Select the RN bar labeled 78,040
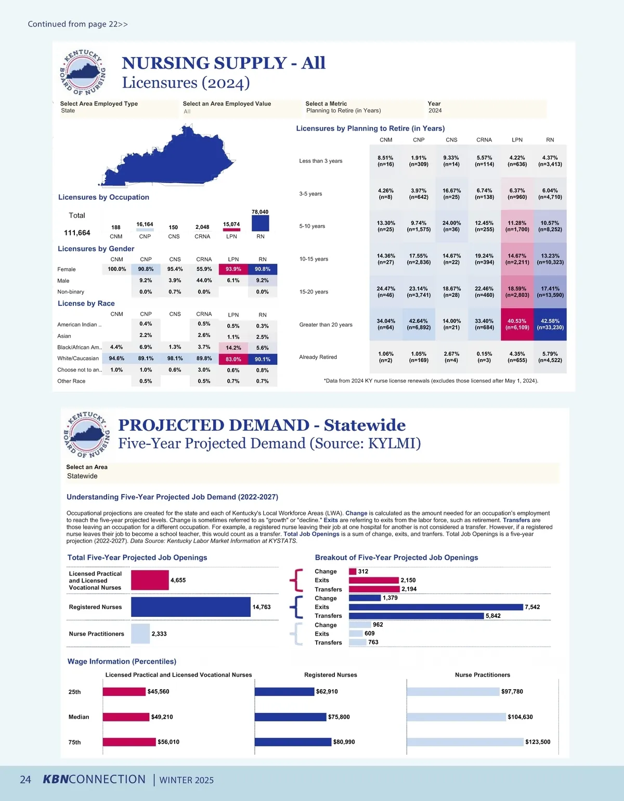[260, 223]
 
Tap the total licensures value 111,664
[77, 233]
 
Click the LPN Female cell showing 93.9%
[233, 269]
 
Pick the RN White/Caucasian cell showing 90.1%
[263, 359]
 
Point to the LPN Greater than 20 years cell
[517, 325]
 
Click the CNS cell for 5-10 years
[451, 226]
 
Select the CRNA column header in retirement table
[484, 140]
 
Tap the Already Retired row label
[318, 357]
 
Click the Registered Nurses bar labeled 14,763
[190, 607]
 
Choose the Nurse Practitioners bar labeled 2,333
[140, 634]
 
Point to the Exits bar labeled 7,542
[436, 607]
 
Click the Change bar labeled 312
[353, 572]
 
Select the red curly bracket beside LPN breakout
[296, 580]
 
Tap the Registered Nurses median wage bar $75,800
[290, 717]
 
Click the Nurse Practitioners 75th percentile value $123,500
[538, 742]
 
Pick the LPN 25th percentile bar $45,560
[124, 692]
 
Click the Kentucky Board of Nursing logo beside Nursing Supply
[82, 73]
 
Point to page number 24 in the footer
[25, 780]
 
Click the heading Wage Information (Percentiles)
[122, 662]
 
